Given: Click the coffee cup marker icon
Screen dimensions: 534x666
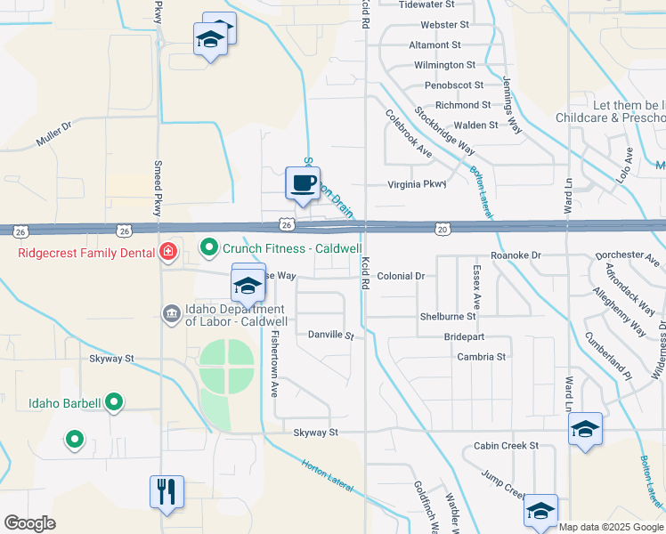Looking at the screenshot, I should (302, 183).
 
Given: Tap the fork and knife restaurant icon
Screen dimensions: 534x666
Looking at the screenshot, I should (166, 491).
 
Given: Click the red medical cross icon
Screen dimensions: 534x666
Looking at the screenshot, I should (166, 253).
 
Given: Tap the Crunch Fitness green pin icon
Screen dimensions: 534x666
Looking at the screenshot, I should (208, 247).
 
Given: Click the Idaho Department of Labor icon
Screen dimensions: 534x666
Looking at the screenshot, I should (170, 313).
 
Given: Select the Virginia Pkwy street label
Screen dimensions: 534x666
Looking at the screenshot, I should (416, 185).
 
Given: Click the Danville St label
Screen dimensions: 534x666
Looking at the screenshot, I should (330, 336).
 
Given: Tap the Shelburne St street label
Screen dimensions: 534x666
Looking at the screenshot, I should (448, 317).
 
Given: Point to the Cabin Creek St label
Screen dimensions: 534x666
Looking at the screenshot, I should (506, 446).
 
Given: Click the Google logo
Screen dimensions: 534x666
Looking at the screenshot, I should (29, 523).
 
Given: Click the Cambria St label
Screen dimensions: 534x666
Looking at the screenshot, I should (481, 357).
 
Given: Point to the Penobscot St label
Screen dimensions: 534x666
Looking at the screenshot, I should (453, 85).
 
